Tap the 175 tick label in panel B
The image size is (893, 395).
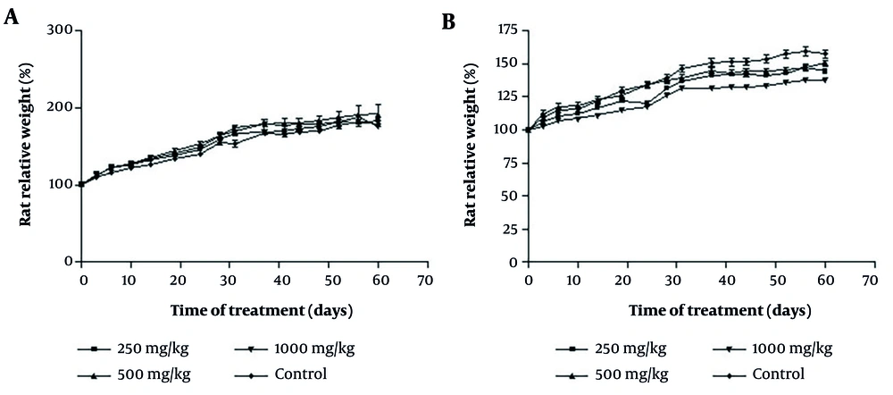(x=507, y=31)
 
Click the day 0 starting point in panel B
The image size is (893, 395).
(x=528, y=130)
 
